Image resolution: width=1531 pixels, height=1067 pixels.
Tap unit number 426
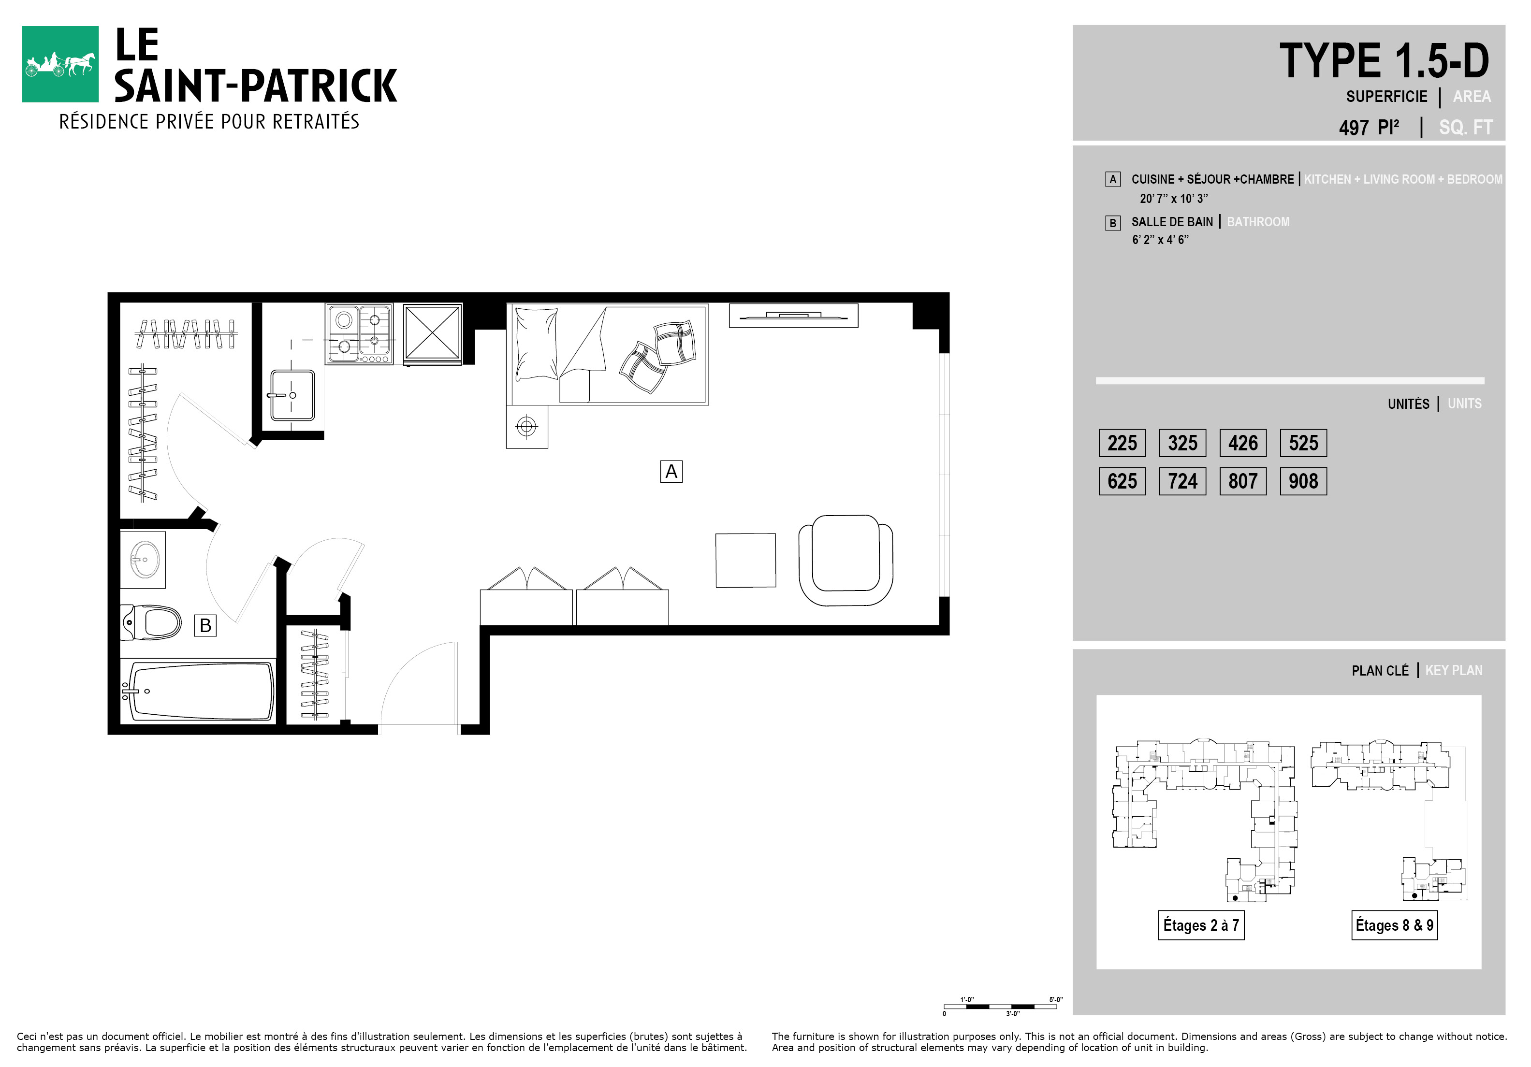(1243, 443)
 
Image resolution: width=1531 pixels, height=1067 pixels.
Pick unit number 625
(1122, 481)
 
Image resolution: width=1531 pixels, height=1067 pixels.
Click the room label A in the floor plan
(671, 471)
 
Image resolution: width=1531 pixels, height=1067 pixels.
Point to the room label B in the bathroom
(205, 625)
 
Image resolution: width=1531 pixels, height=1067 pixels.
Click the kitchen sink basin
(292, 395)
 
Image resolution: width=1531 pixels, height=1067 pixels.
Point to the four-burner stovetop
(359, 334)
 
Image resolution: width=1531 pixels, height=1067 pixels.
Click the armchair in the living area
(846, 560)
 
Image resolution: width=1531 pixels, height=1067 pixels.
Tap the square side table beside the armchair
(745, 560)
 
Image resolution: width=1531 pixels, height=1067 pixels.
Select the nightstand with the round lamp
(527, 427)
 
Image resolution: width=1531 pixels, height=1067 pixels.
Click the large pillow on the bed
(536, 343)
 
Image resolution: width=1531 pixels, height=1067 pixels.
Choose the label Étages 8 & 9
(1394, 925)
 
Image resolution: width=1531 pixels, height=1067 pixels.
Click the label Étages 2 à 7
(1201, 925)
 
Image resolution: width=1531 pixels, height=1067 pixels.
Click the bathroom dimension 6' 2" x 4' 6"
(1160, 240)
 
